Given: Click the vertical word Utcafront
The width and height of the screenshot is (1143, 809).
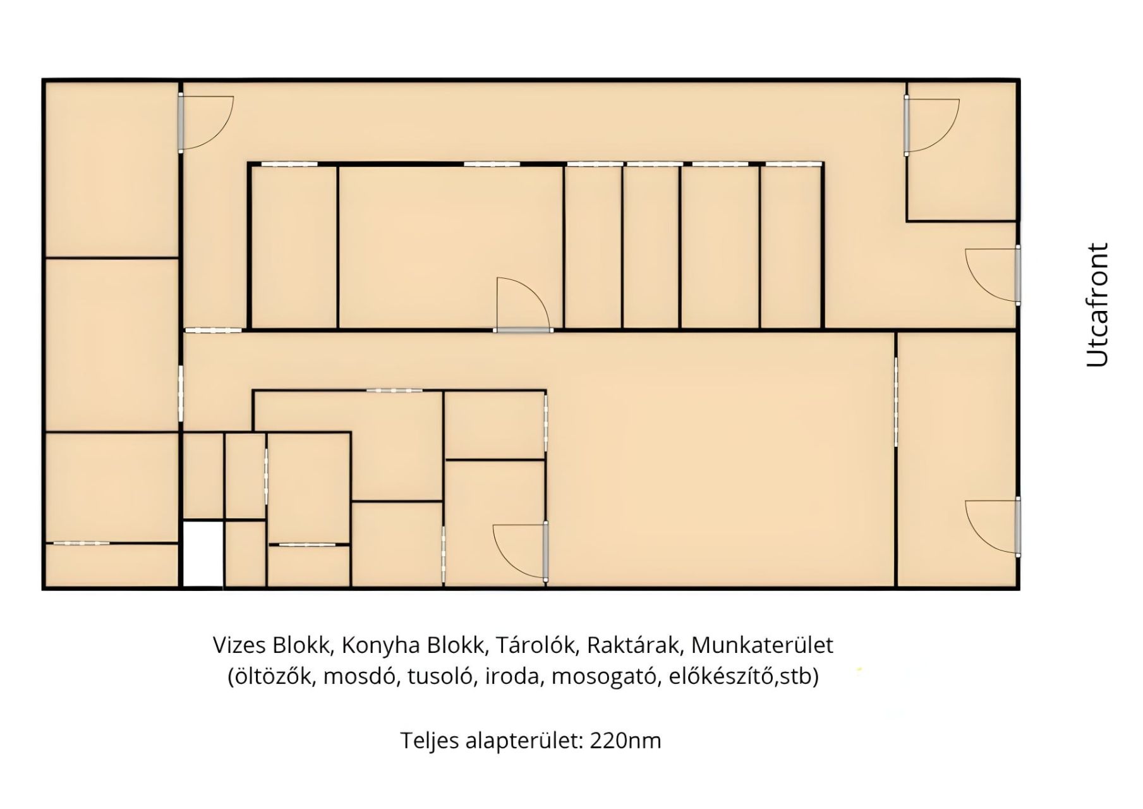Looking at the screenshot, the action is tap(1098, 305).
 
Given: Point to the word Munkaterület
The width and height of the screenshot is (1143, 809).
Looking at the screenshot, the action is tap(763, 645).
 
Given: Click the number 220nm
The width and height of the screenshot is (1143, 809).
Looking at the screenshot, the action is tap(626, 740).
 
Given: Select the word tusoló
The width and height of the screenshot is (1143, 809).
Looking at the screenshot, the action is tap(440, 676).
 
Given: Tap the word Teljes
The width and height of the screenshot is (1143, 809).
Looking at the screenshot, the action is tap(430, 741).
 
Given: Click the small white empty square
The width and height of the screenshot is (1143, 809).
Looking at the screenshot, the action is tap(203, 554).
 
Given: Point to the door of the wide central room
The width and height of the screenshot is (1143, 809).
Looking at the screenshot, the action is tap(524, 304).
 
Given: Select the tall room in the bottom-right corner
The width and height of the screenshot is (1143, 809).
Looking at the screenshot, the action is tap(956, 459).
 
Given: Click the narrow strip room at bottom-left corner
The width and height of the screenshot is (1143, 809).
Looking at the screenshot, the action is tap(112, 565).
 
